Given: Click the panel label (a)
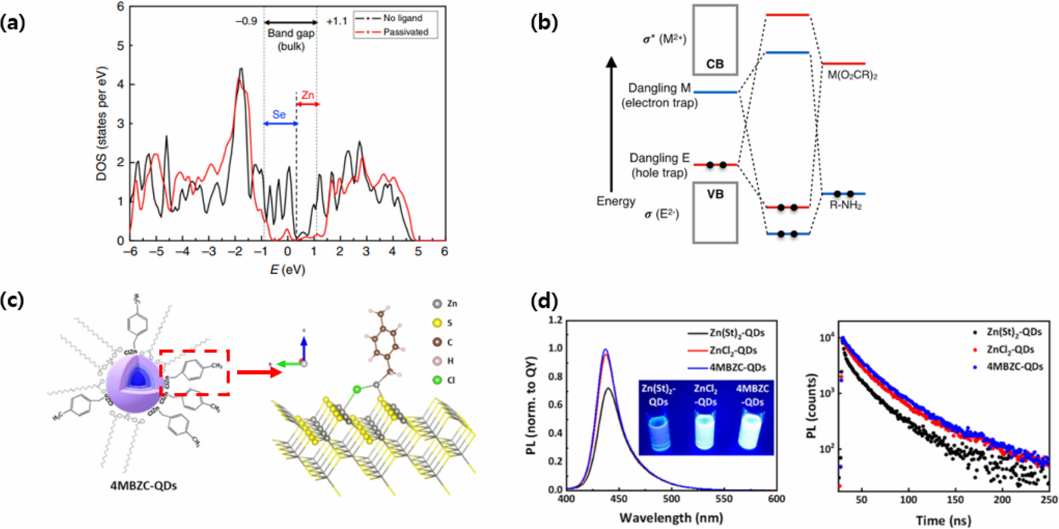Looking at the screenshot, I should pyautogui.click(x=13, y=23).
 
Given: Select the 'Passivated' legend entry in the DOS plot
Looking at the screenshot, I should pyautogui.click(x=405, y=32).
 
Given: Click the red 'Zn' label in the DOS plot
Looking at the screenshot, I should pyautogui.click(x=308, y=95).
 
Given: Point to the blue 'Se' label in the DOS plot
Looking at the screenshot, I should pyautogui.click(x=279, y=114).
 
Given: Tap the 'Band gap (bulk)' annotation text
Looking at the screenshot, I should pyautogui.click(x=291, y=39).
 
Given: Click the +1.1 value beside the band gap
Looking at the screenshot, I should pyautogui.click(x=337, y=21).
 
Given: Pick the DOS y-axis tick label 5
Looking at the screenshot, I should pyautogui.click(x=120, y=46).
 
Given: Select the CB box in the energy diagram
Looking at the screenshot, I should pyautogui.click(x=715, y=40).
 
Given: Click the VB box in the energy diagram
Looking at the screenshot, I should pyautogui.click(x=715, y=212).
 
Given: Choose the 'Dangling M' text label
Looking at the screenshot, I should pyautogui.click(x=659, y=88).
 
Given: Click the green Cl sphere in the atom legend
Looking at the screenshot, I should pyautogui.click(x=437, y=380).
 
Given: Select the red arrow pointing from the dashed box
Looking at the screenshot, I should pyautogui.click(x=259, y=372).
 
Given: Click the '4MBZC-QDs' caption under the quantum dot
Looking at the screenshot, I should pyautogui.click(x=143, y=486).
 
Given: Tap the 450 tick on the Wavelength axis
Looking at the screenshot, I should pyautogui.click(x=619, y=499).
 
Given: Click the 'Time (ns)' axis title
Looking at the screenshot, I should pyautogui.click(x=944, y=521).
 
